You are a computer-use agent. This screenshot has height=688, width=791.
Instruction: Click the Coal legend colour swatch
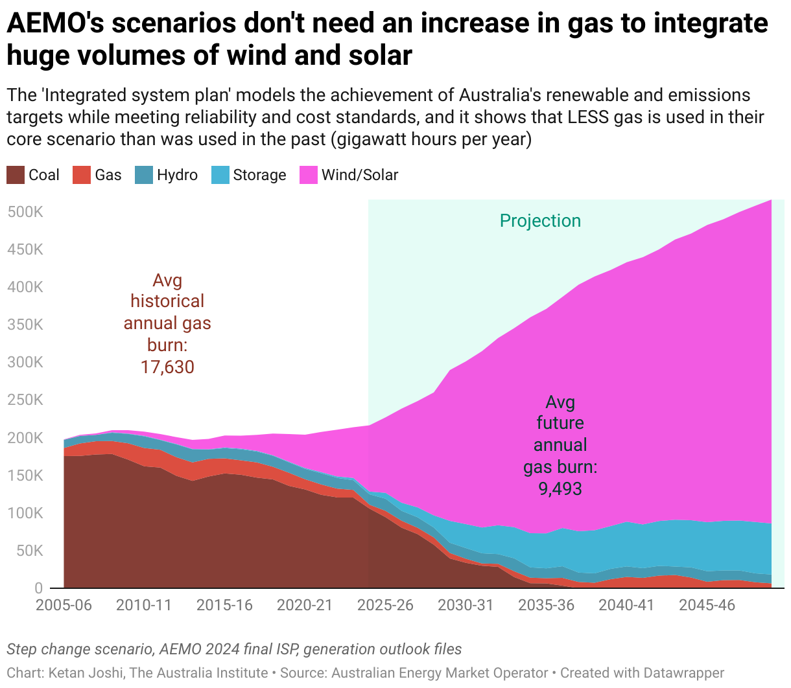pos(16,175)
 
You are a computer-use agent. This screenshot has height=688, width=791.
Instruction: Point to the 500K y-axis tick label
pos(25,212)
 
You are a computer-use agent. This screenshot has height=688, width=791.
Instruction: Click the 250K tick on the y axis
pos(25,400)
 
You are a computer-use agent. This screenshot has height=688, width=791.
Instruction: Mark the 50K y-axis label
pos(29,551)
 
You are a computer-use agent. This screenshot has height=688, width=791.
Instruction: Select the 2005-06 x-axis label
pos(64,605)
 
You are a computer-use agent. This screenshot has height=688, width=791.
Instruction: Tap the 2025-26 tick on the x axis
pos(385,605)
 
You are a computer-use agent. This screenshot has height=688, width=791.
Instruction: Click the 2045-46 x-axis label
pos(707,605)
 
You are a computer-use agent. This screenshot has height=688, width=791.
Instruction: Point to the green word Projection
pos(540,221)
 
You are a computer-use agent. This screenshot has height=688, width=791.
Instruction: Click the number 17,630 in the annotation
pos(167,367)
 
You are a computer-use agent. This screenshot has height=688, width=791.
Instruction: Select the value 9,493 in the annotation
pos(560,488)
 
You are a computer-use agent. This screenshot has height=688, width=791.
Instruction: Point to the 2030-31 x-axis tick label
pos(466,605)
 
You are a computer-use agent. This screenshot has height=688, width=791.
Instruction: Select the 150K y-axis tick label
pos(25,476)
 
